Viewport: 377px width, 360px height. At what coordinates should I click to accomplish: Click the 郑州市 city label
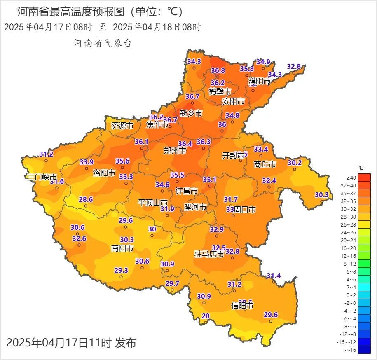[x=175, y=151]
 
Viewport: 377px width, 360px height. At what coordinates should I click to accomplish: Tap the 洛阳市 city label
[x=104, y=173]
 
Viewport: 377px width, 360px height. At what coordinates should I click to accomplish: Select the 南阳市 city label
[x=122, y=248]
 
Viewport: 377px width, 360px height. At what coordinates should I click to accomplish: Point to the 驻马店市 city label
[x=209, y=254]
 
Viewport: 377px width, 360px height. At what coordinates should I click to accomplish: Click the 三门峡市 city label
[x=41, y=177]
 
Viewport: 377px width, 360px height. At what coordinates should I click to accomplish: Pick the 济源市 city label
[x=122, y=126]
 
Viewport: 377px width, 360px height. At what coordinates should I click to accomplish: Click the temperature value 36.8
[x=218, y=70]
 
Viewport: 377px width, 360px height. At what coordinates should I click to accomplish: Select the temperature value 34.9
[x=263, y=62]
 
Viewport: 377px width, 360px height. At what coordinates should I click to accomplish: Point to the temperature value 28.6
[x=86, y=199]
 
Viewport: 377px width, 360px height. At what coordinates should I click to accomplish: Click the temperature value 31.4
[x=274, y=276]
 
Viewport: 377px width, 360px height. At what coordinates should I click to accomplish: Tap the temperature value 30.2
[x=295, y=163]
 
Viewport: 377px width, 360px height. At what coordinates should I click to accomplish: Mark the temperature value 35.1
[x=210, y=180]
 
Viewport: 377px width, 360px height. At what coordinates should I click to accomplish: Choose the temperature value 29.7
[x=172, y=283]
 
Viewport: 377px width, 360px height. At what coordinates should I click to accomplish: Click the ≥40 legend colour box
[x=364, y=178]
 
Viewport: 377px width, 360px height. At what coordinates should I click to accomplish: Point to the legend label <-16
[x=351, y=350]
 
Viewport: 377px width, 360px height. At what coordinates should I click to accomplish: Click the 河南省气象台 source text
[x=103, y=43]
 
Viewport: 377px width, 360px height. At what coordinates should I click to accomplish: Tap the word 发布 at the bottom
[x=126, y=342]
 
